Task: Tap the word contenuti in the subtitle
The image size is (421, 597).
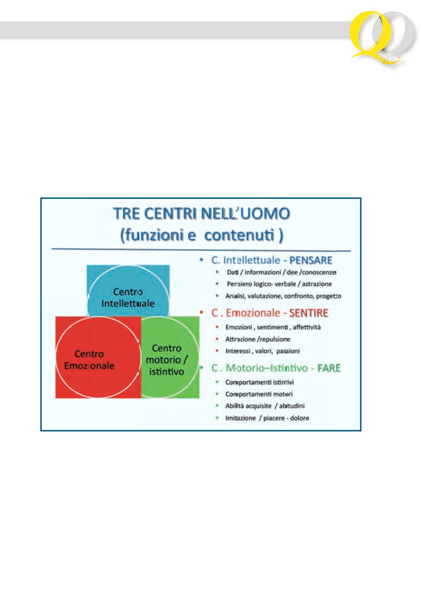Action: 239,235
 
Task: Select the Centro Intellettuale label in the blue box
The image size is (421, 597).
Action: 128,298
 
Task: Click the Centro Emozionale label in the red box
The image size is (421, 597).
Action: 89,360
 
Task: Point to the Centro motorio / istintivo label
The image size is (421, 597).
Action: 167,360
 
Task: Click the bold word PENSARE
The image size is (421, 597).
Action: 311,261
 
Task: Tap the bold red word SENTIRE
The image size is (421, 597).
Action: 309,313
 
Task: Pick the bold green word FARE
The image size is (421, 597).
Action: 329,368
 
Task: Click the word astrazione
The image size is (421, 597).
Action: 317,284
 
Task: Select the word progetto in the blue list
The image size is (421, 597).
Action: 329,296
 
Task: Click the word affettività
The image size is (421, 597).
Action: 307,327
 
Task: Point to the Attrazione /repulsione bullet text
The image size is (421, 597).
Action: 258,339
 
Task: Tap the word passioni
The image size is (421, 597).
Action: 288,351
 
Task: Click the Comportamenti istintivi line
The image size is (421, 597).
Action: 259,382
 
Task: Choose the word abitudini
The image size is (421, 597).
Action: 292,406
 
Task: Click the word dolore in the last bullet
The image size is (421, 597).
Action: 300,418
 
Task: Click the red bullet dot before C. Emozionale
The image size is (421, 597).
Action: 202,312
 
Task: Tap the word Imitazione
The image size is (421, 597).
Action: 241,418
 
